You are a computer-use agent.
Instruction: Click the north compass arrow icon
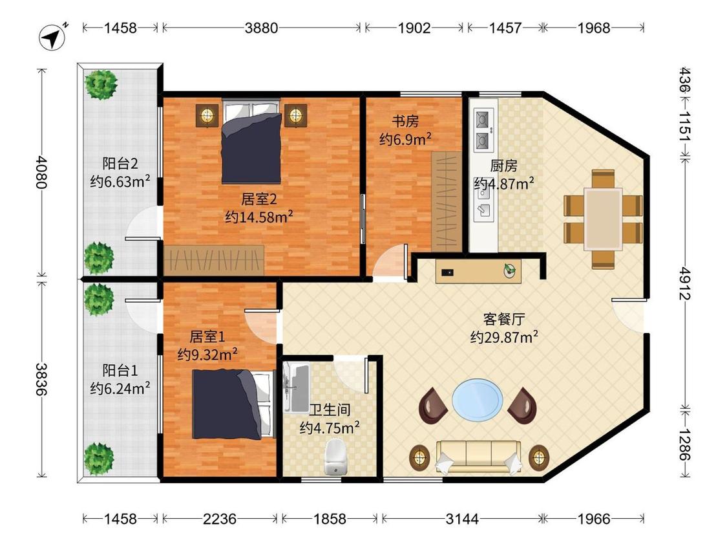tap(53, 36)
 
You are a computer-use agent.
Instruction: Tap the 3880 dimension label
tap(262, 28)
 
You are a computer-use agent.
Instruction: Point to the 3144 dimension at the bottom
tap(462, 518)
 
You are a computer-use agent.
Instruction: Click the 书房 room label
tap(405, 122)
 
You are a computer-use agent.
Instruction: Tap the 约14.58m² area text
tap(258, 216)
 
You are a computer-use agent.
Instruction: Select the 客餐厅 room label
tap(504, 319)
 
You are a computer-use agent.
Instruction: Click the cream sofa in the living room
tap(479, 457)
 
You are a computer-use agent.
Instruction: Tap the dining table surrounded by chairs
tap(603, 219)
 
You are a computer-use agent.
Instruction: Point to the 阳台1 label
tap(120, 371)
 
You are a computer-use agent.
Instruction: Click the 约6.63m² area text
tap(120, 181)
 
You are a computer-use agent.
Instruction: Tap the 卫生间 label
tap(330, 409)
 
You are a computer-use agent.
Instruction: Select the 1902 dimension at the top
tap(414, 28)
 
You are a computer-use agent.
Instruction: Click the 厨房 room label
tap(503, 166)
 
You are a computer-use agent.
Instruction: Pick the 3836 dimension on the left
tap(42, 379)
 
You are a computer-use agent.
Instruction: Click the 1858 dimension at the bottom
tap(330, 518)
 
